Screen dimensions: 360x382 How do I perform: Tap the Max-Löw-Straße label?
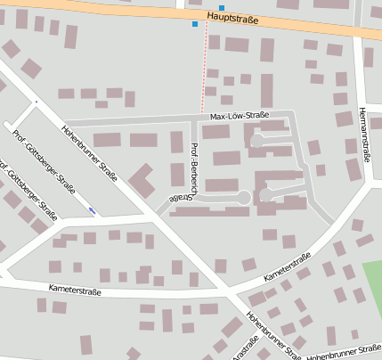click(240, 116)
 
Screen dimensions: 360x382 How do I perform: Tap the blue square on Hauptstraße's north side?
click(222, 8)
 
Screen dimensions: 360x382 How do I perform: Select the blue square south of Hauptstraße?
click(195, 24)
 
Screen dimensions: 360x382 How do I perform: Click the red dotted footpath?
click(206, 71)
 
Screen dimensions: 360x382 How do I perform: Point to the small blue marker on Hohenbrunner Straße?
click(93, 210)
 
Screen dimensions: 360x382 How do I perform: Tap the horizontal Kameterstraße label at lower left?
click(76, 290)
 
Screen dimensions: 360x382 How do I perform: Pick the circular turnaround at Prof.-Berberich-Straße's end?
click(243, 197)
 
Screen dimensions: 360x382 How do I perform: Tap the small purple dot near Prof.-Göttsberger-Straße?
click(36, 102)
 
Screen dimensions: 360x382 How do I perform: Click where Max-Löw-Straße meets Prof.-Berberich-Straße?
click(191, 119)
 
